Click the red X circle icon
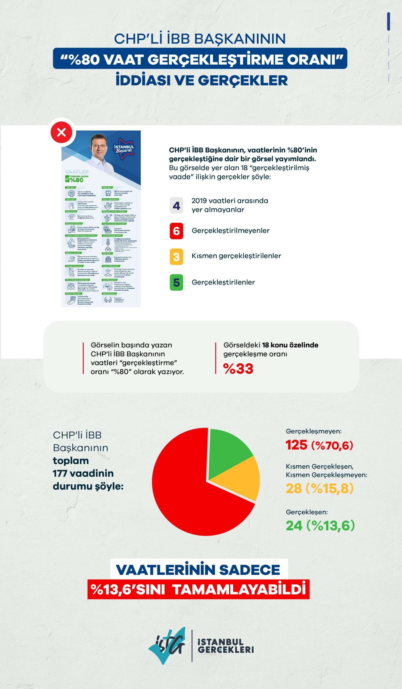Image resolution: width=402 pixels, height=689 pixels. [62, 133]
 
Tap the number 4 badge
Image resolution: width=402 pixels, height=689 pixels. [176, 205]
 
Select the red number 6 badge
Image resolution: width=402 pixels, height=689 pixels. [176, 231]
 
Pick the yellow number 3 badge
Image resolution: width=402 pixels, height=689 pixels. [176, 257]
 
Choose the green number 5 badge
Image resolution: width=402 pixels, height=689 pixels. [176, 282]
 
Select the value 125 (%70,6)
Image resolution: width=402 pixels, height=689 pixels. [319, 445]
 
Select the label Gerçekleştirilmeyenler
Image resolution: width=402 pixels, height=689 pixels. [230, 231]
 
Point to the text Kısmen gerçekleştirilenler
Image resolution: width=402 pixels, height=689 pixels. [236, 256]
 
